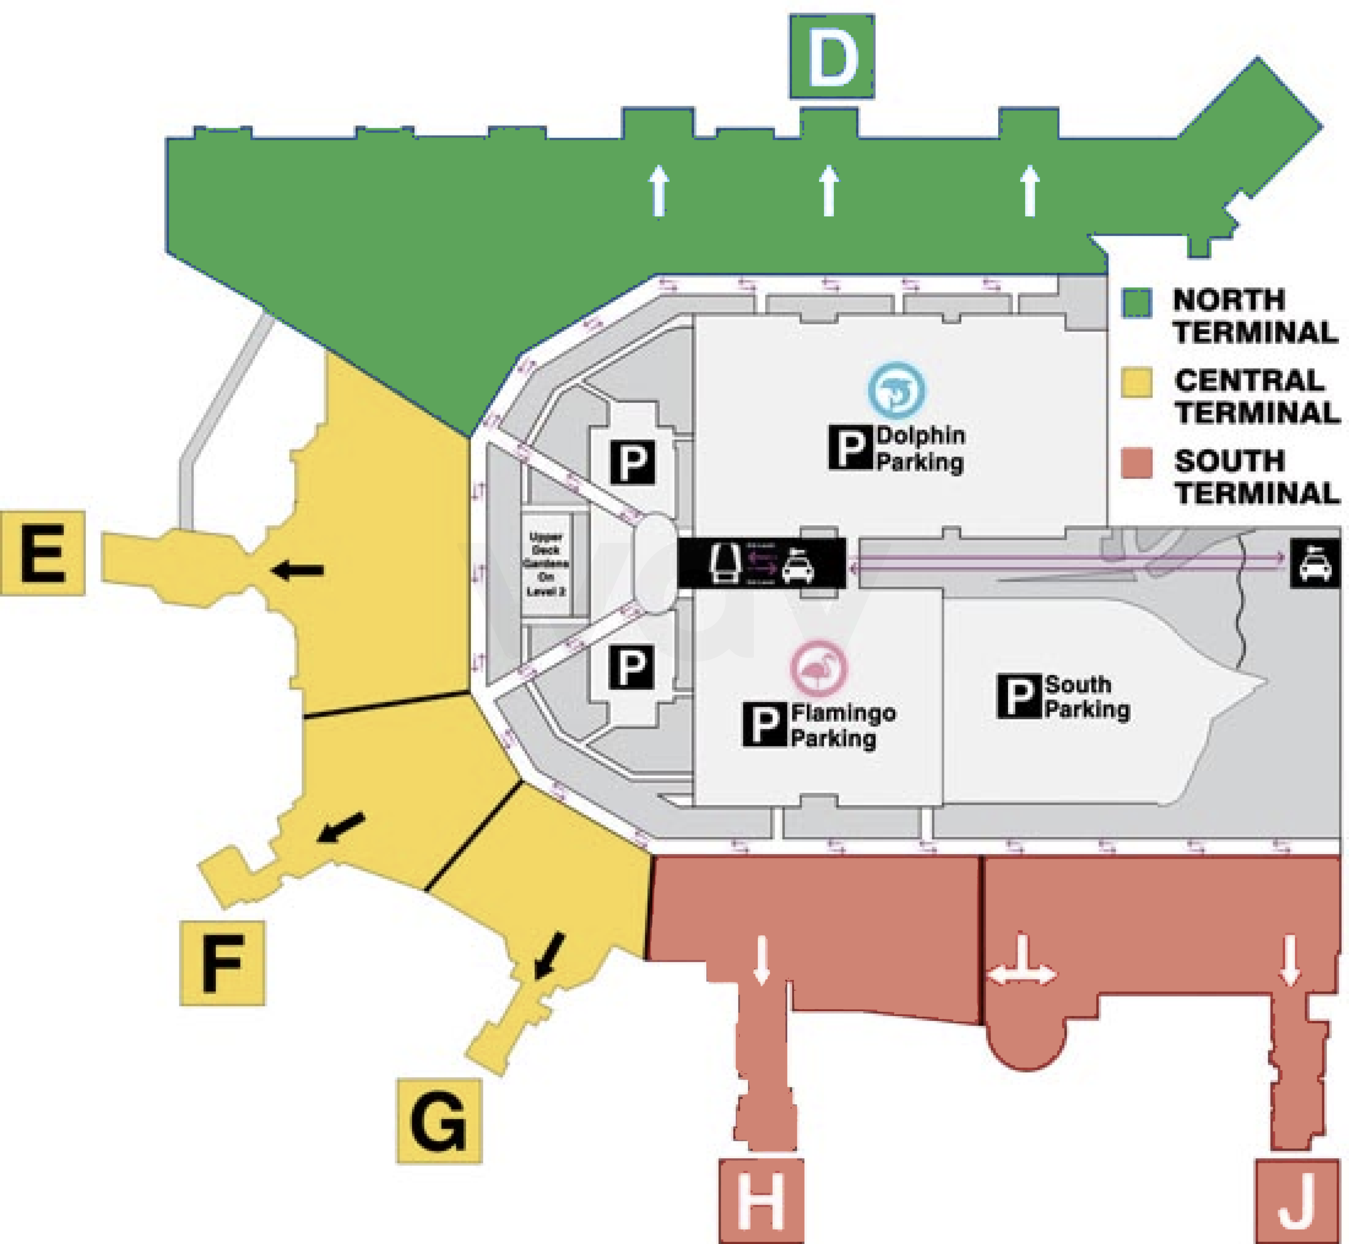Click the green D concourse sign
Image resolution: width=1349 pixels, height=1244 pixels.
[x=832, y=57]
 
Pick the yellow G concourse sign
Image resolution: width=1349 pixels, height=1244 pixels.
[x=439, y=1121]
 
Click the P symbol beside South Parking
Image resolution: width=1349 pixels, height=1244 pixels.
[x=1019, y=696]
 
